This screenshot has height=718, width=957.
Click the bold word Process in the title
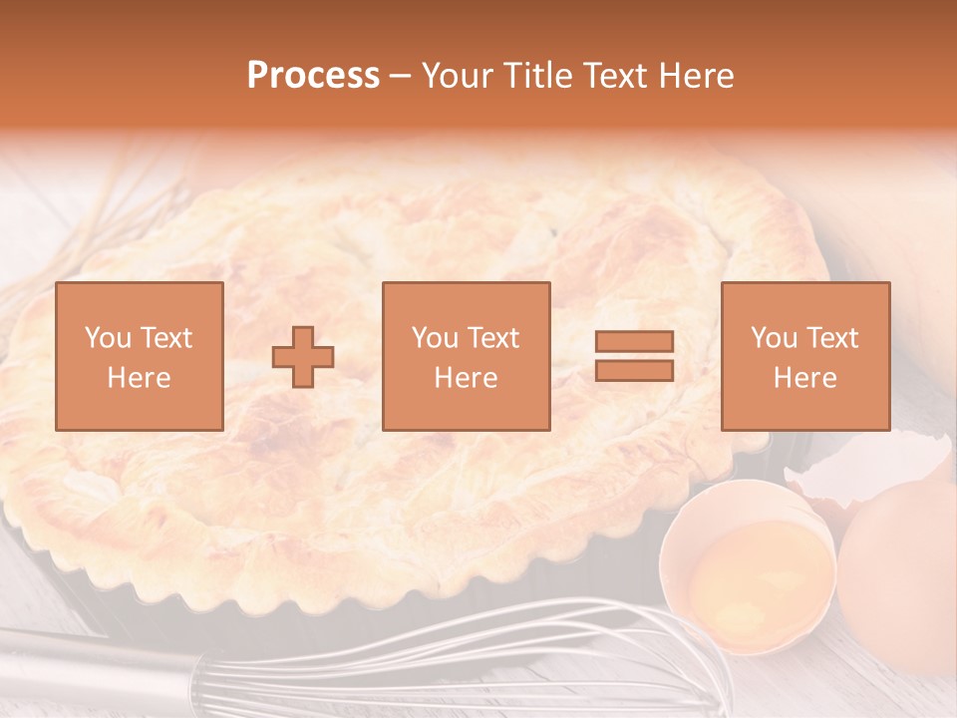tap(313, 76)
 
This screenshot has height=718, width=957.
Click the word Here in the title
tap(696, 76)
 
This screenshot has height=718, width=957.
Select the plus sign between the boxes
tap(303, 357)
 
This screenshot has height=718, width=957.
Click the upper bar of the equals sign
tap(634, 342)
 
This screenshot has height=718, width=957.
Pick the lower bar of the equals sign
tap(634, 370)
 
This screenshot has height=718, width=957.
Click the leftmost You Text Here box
tap(140, 356)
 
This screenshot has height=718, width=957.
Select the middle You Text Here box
tap(466, 356)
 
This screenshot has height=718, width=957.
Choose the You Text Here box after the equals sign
tap(804, 356)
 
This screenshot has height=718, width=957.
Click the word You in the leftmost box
tap(109, 338)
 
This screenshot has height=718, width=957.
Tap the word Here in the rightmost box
tap(804, 378)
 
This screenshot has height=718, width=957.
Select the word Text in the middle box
tap(491, 338)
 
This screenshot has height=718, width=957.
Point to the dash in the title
tap(400, 77)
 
